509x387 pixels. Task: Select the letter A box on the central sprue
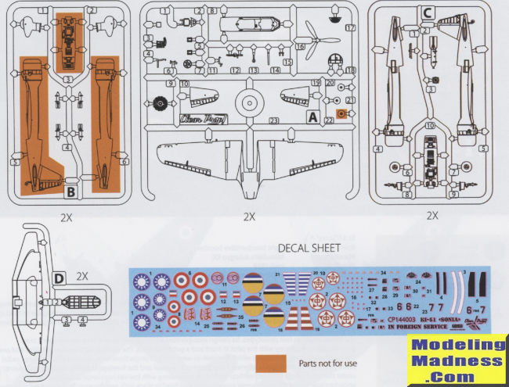312,118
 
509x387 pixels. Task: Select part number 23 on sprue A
273,120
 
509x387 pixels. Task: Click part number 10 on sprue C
430,124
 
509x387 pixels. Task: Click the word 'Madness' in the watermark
459,362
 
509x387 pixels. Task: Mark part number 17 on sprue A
351,27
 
